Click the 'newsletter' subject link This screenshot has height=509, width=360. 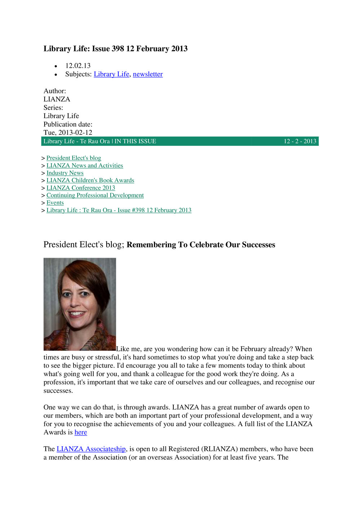click(148, 74)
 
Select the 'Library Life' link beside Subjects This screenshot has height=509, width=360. click(111, 74)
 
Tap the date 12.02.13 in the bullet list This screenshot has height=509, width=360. click(78, 66)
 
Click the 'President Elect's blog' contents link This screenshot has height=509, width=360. click(74, 158)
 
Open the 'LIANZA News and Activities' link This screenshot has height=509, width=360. click(85, 166)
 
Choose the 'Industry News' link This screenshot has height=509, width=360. click(65, 173)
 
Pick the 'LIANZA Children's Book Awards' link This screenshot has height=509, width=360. click(90, 180)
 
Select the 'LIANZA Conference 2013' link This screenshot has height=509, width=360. click(81, 188)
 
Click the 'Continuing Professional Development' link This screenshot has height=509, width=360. click(95, 195)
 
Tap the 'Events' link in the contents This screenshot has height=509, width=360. click(55, 203)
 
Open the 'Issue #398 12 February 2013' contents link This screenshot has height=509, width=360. click(119, 210)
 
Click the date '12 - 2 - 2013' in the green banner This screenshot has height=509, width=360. click(300, 141)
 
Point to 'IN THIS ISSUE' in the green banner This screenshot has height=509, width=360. click(135, 141)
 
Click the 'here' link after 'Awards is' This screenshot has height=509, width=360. click(81, 432)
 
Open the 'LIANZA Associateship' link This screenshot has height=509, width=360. click(91, 449)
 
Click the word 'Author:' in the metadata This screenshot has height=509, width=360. click(55, 91)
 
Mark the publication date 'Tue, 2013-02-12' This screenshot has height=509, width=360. click(68, 133)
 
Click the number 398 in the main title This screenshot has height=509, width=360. click(118, 49)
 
